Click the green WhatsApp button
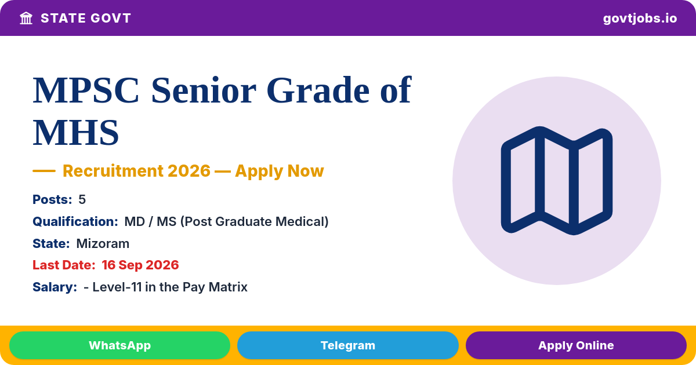pyautogui.click(x=119, y=345)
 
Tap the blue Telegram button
pyautogui.click(x=347, y=345)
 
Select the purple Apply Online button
pyautogui.click(x=576, y=345)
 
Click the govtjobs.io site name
pyautogui.click(x=640, y=19)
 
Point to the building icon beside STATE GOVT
pyautogui.click(x=26, y=19)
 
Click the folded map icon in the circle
pyautogui.click(x=556, y=181)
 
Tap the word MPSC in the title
pyautogui.click(x=86, y=90)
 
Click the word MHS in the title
pyautogui.click(x=76, y=133)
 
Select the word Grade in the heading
pyautogui.click(x=318, y=90)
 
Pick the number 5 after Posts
pyautogui.click(x=82, y=199)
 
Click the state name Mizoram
pyautogui.click(x=103, y=244)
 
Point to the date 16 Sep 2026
pyautogui.click(x=140, y=265)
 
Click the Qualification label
pyautogui.click(x=75, y=221)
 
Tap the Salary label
pyautogui.click(x=55, y=287)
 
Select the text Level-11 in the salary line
pyautogui.click(x=117, y=287)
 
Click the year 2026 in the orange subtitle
pyautogui.click(x=189, y=171)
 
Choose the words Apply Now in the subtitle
pyautogui.click(x=280, y=171)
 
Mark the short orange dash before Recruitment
pyautogui.click(x=44, y=171)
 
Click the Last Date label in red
pyautogui.click(x=64, y=265)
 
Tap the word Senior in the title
pyautogui.click(x=204, y=90)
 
